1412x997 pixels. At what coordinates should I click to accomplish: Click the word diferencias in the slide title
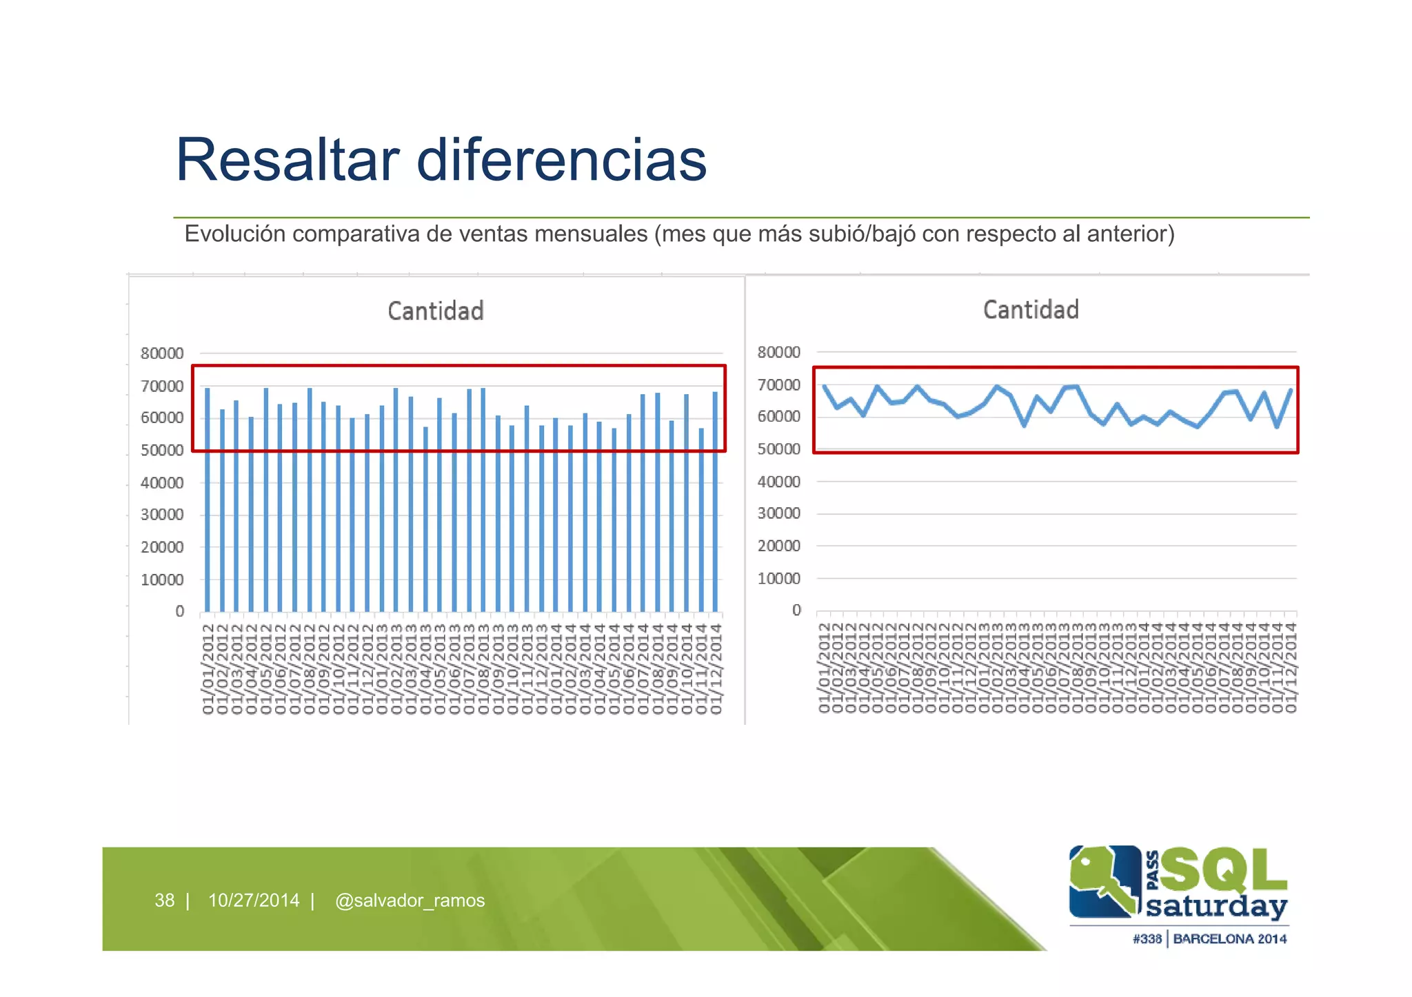coord(561,160)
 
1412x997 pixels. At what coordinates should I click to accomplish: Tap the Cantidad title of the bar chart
coord(436,311)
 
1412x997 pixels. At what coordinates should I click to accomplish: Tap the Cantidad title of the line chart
coord(1031,309)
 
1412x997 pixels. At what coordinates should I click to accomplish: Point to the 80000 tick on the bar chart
coord(162,353)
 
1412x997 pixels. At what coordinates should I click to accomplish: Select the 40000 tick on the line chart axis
coord(778,482)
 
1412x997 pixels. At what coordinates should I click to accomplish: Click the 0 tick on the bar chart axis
coord(180,611)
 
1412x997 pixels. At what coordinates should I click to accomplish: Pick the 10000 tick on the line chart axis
coord(778,579)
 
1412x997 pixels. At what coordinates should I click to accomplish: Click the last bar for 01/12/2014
coord(715,502)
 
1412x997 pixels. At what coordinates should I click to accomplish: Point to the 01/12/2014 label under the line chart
coord(1291,667)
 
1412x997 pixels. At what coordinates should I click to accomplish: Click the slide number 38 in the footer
coord(164,901)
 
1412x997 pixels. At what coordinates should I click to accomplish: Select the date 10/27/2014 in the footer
coord(254,901)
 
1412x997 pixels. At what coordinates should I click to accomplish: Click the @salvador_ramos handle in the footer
coord(410,901)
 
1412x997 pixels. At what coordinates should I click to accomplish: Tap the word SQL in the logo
coord(1224,870)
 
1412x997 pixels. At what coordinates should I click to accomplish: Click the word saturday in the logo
coord(1216,906)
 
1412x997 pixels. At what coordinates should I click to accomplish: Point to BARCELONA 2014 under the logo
coord(1230,938)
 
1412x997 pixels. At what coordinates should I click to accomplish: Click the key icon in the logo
coord(1103,881)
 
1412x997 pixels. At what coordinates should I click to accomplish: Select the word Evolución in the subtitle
coord(235,234)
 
